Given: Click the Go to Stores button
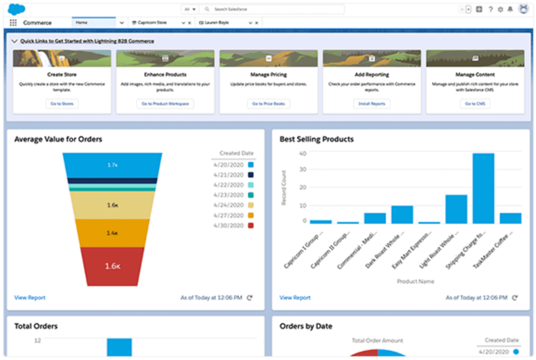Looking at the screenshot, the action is (62, 104).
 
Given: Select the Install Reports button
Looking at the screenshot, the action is (372, 104).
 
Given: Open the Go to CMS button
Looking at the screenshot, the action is (475, 104).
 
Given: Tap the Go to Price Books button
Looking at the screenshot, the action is (268, 104).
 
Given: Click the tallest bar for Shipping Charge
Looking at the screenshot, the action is (483, 188).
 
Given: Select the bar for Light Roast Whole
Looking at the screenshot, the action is (456, 209).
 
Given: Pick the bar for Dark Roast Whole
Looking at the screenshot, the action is (402, 215).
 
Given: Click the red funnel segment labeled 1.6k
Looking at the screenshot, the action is (112, 266).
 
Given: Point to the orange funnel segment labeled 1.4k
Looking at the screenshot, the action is (112, 233).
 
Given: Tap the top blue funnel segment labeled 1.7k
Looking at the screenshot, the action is (112, 165).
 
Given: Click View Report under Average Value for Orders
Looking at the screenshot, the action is (30, 298).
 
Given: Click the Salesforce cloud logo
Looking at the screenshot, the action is (16, 9).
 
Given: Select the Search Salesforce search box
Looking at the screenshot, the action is (273, 9).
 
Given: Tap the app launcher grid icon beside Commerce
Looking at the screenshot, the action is (13, 22).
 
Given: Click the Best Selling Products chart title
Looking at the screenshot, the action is (317, 139).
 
